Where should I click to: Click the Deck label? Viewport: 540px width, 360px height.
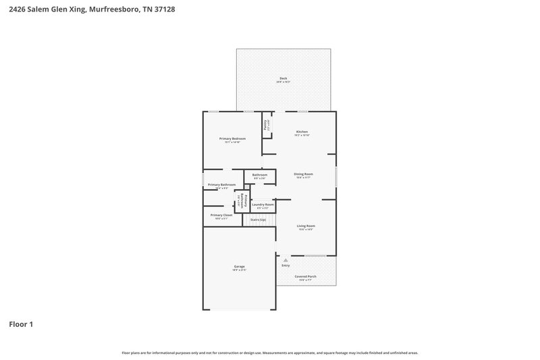point(283,79)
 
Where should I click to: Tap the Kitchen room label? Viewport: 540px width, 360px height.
point(302,132)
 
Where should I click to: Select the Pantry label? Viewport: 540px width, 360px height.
point(266,124)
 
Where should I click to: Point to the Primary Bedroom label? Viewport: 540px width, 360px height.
point(232,138)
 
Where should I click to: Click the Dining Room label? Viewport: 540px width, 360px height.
point(303,174)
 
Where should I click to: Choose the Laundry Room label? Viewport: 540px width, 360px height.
point(263,204)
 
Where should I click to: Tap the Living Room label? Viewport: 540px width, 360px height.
point(306,226)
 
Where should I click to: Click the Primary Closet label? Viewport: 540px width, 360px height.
point(221,215)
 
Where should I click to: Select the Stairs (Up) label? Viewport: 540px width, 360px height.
point(258,220)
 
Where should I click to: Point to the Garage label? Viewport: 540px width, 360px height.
point(239,267)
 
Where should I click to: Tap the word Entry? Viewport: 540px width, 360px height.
point(286,265)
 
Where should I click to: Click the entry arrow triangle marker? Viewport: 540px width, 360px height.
point(286,259)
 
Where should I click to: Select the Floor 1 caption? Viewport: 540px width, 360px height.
point(20,324)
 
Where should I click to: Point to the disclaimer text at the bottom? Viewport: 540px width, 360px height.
point(270,353)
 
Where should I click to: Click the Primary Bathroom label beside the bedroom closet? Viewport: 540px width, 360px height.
point(221,184)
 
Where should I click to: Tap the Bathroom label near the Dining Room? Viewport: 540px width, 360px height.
point(260,175)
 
